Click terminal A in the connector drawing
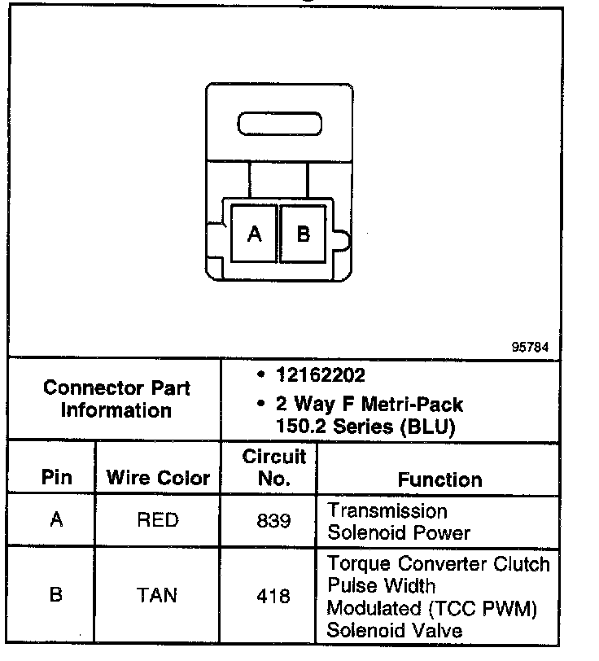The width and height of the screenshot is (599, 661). [x=254, y=234]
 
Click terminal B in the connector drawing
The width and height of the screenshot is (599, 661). [x=303, y=234]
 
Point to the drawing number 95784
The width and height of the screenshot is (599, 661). [x=530, y=347]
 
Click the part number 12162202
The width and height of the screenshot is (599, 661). [x=320, y=376]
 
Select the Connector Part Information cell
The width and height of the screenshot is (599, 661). [x=116, y=399]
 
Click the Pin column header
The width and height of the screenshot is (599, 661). [x=56, y=478]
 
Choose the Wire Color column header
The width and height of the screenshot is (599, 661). [x=158, y=478]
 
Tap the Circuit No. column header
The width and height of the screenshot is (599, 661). [x=273, y=467]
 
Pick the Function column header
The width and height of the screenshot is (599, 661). [x=439, y=479]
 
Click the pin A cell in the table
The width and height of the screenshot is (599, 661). [x=56, y=519]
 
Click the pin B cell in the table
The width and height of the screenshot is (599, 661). [x=56, y=595]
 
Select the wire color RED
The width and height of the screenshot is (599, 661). [x=158, y=519]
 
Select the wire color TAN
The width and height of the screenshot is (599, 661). [x=158, y=595]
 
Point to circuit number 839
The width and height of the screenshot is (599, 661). [x=273, y=520]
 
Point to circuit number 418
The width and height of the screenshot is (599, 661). [x=273, y=596]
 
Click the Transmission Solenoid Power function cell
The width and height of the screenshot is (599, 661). [x=399, y=522]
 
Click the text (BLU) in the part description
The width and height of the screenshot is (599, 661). [x=429, y=426]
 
